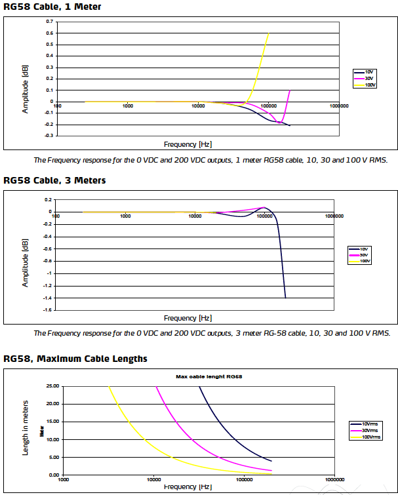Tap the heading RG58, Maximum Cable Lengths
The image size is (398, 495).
coord(75,359)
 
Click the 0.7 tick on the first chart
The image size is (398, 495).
coord(50,22)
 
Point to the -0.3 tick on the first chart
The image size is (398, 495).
coord(49,136)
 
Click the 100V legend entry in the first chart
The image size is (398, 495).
coord(370,85)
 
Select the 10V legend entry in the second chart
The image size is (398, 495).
coord(365,249)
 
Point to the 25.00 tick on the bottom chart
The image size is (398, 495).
coord(52,386)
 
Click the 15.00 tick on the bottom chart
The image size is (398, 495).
coord(52,422)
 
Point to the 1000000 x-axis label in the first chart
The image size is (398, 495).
coord(339,106)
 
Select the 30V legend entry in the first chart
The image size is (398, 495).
coord(368,78)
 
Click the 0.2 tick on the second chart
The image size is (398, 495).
coord(49,199)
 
